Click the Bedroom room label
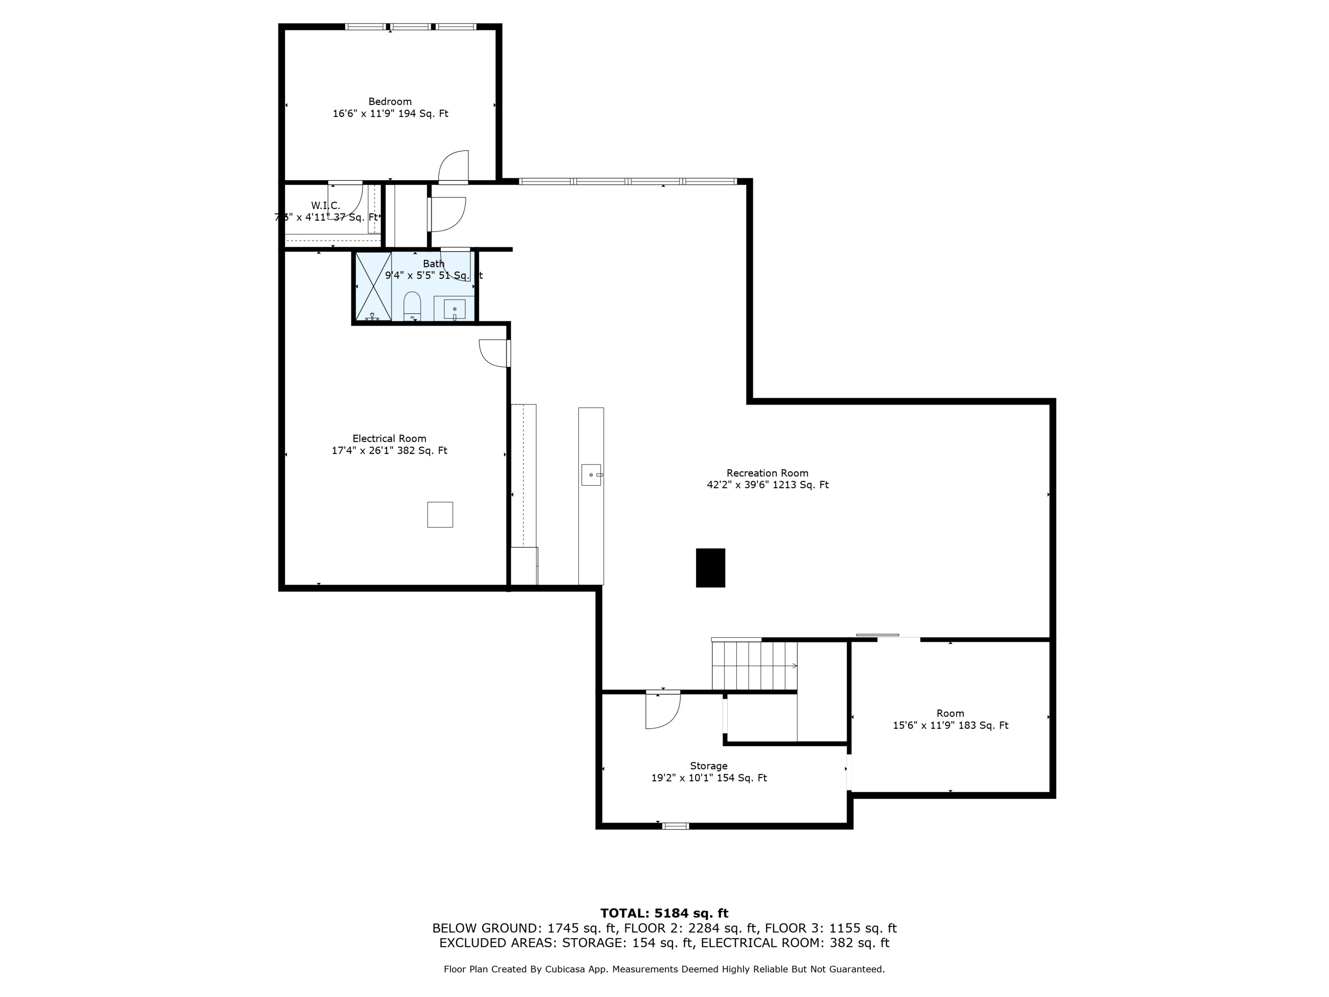point(390,102)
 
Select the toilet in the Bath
point(411,306)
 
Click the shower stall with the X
point(373,286)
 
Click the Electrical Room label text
point(389,439)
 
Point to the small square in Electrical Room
point(440,515)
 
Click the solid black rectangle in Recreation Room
point(710,567)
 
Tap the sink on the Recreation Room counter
point(591,475)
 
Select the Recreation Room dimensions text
point(767,485)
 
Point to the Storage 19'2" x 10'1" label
point(709,778)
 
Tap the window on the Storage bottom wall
point(675,826)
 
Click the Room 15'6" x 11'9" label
point(950,725)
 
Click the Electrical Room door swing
point(493,353)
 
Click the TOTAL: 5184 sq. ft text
point(664,913)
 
